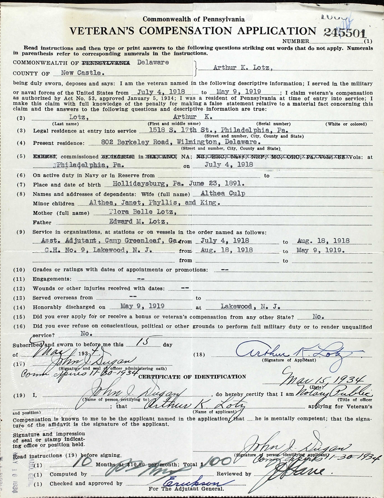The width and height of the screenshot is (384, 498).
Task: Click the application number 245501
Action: point(344,33)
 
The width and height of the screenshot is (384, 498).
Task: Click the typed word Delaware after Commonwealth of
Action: point(153,62)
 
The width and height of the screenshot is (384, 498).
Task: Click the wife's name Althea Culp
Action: point(223,193)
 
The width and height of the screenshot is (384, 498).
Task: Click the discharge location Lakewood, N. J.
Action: point(250,306)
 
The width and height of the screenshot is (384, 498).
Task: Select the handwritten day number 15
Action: point(141,342)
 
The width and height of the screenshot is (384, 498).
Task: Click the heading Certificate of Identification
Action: point(192,376)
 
